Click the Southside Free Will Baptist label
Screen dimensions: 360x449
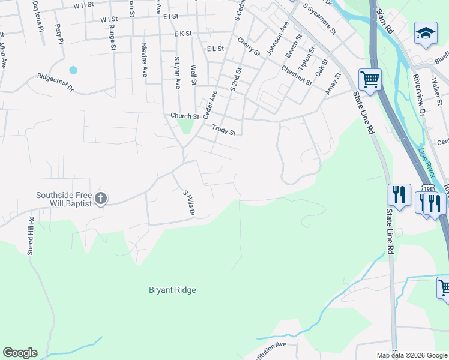[63, 199]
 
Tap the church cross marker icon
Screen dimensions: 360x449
[101, 198]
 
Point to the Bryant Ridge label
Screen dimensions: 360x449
[172, 290]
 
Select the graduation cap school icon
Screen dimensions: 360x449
[426, 32]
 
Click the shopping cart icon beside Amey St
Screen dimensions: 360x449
[370, 79]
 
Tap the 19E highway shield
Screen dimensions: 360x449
[427, 188]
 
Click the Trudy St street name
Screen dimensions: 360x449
[223, 129]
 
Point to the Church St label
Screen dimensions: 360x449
[184, 116]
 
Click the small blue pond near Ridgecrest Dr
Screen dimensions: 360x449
[73, 70]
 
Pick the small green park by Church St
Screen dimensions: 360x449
[185, 127]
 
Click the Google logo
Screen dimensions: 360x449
[20, 353]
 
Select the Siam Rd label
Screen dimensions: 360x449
[384, 21]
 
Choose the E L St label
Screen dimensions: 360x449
[214, 49]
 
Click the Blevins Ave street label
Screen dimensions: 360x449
[145, 59]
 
